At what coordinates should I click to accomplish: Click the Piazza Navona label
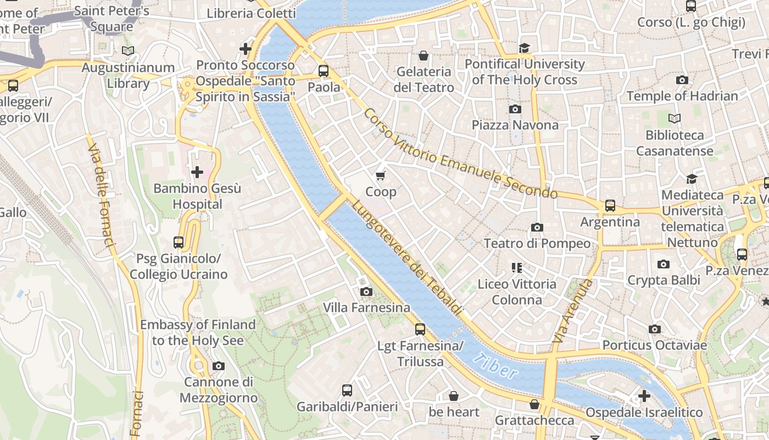[x=515, y=125]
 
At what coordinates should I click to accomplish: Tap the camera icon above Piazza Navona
[x=515, y=109]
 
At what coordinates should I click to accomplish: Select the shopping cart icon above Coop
[x=380, y=175]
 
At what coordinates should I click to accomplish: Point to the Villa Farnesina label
[x=366, y=307]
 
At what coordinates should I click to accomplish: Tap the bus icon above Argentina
[x=610, y=206]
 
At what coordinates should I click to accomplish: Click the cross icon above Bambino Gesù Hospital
[x=197, y=172]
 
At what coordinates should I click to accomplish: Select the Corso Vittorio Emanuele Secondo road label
[x=460, y=155]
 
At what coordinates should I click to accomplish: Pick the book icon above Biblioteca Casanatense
[x=674, y=118]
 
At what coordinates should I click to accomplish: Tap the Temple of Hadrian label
[x=682, y=96]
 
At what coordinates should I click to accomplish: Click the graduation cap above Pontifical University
[x=524, y=48]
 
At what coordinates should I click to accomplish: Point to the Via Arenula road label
[x=573, y=311]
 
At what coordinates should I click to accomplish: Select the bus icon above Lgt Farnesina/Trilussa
[x=420, y=329]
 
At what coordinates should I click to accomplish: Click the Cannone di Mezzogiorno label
[x=218, y=390]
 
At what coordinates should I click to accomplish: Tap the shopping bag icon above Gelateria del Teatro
[x=423, y=56]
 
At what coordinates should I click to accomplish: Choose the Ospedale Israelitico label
[x=644, y=413]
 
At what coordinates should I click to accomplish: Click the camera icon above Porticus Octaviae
[x=654, y=329]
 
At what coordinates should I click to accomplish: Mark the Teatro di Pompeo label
[x=537, y=243]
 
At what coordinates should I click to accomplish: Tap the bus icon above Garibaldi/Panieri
[x=347, y=391]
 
